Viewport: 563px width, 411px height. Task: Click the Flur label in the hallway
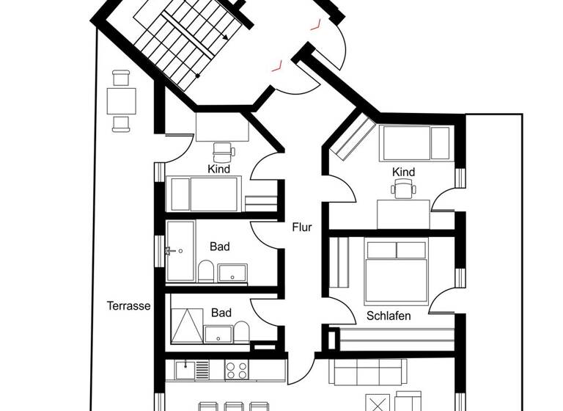(301, 227)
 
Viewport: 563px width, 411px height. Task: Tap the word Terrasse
(128, 306)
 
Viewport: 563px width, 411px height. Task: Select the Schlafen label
(389, 316)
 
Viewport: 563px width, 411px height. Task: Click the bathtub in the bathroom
(180, 251)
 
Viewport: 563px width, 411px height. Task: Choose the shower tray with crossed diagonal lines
(185, 324)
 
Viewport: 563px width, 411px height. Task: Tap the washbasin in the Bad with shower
(218, 334)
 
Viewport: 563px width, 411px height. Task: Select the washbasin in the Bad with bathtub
(235, 272)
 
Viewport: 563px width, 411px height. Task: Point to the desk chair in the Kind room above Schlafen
(402, 190)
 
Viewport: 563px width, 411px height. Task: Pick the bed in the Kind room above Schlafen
(416, 143)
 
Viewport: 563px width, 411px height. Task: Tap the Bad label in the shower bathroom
(221, 313)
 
